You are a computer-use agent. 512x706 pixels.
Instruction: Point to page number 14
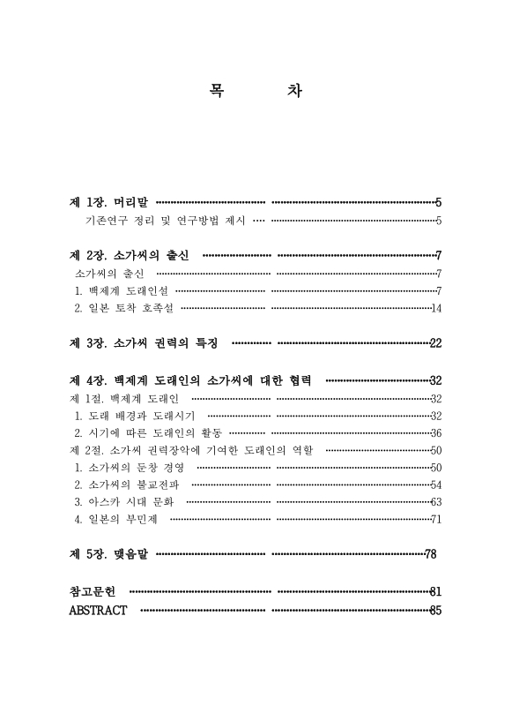pyautogui.click(x=435, y=308)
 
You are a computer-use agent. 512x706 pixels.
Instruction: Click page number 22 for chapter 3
pyautogui.click(x=434, y=343)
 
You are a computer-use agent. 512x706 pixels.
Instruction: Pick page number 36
pyautogui.click(x=435, y=432)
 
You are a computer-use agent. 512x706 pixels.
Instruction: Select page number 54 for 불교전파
pyautogui.click(x=435, y=484)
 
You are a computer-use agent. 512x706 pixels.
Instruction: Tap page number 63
pyautogui.click(x=435, y=501)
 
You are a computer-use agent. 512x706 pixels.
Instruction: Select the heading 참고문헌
pyautogui.click(x=93, y=590)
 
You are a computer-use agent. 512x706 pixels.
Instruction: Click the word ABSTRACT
pyautogui.click(x=98, y=610)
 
